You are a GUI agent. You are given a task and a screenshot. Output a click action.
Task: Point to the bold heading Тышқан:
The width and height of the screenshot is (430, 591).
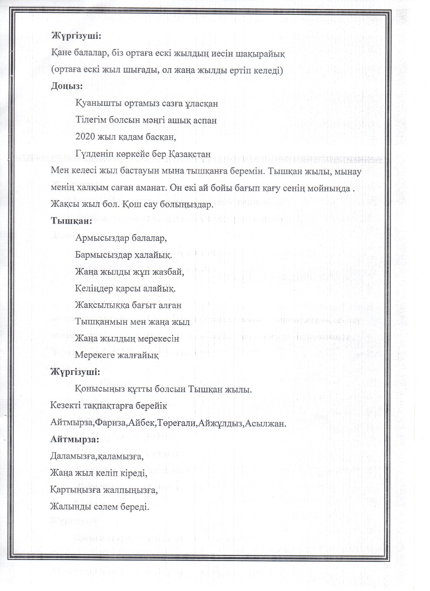click(x=72, y=221)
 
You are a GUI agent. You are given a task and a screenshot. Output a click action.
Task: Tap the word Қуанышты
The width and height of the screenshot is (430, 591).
click(x=97, y=103)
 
